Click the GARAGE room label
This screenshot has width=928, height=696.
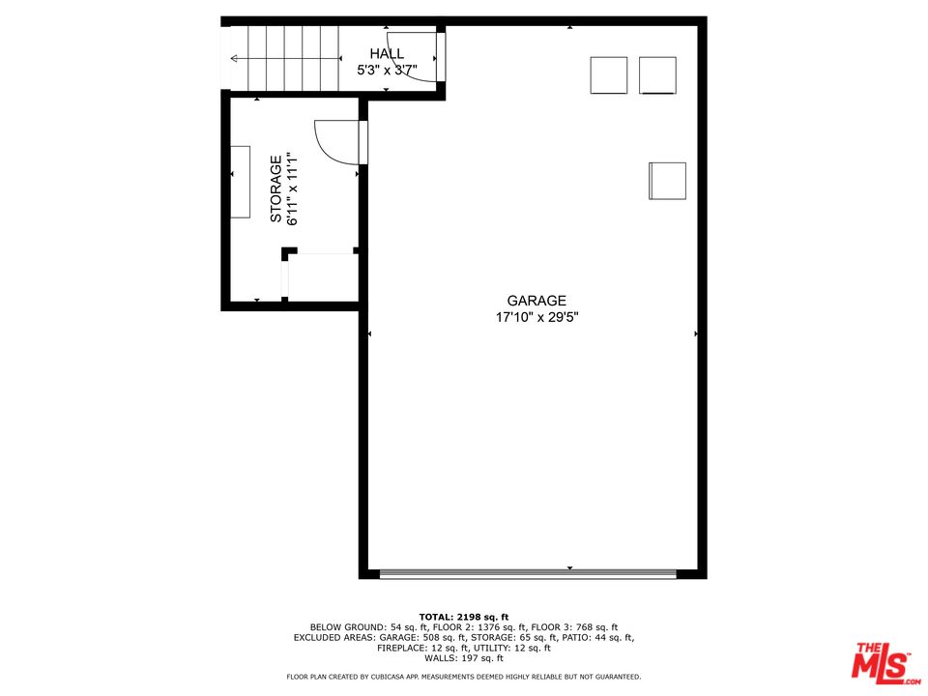coord(536,301)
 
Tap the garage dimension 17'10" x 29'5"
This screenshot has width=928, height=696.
coord(536,317)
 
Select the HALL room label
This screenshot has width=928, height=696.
coord(387,54)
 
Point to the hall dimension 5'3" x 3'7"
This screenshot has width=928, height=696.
coord(387,71)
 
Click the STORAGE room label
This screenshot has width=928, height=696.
coord(275,188)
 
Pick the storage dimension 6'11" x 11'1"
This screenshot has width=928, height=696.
coord(292,188)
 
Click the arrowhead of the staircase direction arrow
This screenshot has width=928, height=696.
coord(234,59)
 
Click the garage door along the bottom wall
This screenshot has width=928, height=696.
coord(528,573)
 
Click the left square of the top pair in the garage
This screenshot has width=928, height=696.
coord(608,75)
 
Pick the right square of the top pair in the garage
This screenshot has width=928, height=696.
coord(657,75)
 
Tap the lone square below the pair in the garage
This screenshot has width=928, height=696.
coord(668,181)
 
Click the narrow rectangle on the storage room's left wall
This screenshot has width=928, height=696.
coord(240,182)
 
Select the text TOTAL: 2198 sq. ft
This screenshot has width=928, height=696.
coord(464,617)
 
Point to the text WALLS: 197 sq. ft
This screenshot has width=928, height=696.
coord(464,658)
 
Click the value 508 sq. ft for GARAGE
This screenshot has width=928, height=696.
coord(444,637)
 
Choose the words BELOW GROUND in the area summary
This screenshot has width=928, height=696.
coord(347,627)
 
